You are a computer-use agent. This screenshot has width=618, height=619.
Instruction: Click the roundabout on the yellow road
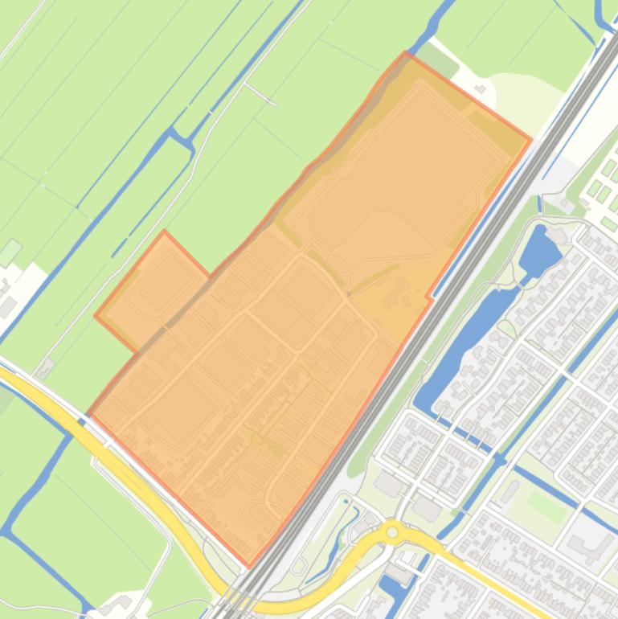tap(392, 532)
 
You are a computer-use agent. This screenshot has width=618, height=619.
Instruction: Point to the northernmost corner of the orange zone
tap(407, 54)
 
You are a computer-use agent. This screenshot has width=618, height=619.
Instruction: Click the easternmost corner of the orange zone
tap(530, 140)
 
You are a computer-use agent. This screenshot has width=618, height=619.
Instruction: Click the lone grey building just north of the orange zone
tap(481, 88)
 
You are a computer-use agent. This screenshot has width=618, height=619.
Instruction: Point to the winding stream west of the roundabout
tap(338, 531)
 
